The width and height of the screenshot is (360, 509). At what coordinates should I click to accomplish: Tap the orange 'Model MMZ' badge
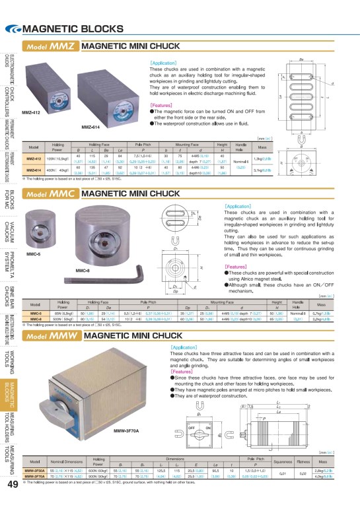click(52, 47)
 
